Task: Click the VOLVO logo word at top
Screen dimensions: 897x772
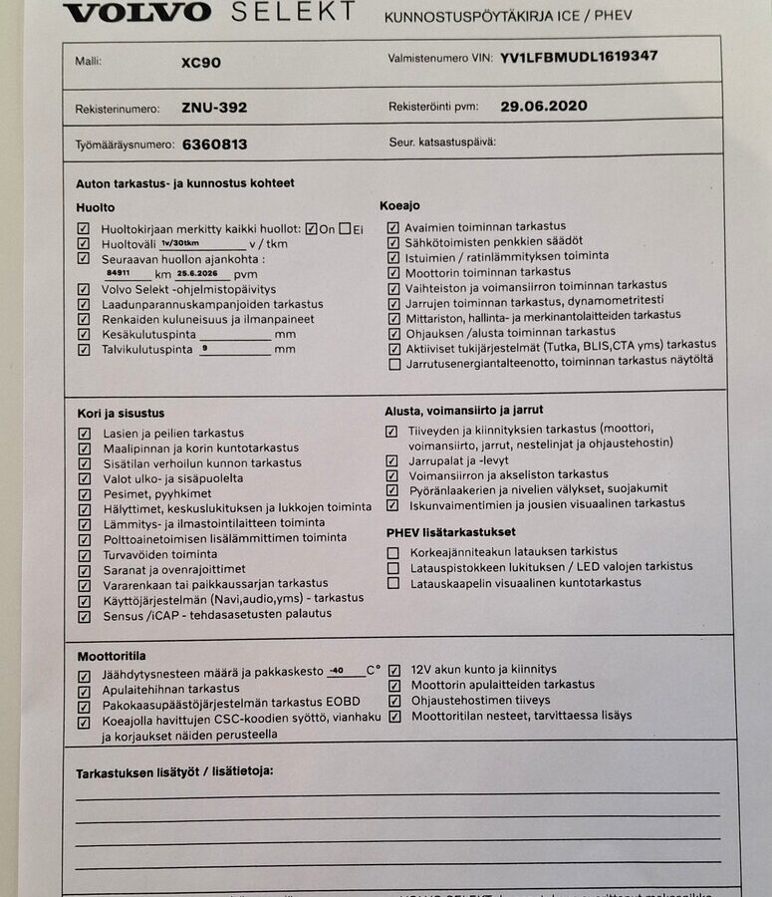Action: tap(137, 12)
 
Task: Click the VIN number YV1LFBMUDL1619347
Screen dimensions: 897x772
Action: tap(579, 57)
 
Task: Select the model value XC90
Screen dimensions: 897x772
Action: tap(201, 62)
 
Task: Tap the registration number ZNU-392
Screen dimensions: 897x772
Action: tap(214, 108)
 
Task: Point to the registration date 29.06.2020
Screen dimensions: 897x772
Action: tap(544, 106)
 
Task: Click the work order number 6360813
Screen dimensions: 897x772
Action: tap(214, 145)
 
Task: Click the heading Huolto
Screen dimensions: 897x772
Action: tap(96, 207)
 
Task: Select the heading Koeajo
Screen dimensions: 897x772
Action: tap(399, 206)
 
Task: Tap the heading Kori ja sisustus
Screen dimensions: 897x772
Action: tap(121, 413)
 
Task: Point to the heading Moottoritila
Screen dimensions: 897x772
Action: tap(112, 656)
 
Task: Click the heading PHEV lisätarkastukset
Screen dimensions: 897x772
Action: tap(451, 532)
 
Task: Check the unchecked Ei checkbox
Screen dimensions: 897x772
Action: tap(345, 228)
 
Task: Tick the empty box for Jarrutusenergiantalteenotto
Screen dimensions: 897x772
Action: tap(394, 364)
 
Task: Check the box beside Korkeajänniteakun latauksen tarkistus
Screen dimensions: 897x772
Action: tap(392, 552)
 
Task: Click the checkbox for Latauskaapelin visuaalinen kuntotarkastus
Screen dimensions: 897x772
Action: tap(392, 583)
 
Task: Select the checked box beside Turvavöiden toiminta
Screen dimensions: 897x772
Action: tap(84, 555)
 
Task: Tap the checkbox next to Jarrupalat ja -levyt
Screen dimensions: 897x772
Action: tap(391, 461)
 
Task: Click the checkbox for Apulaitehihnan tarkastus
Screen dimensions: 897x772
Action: tap(84, 690)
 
